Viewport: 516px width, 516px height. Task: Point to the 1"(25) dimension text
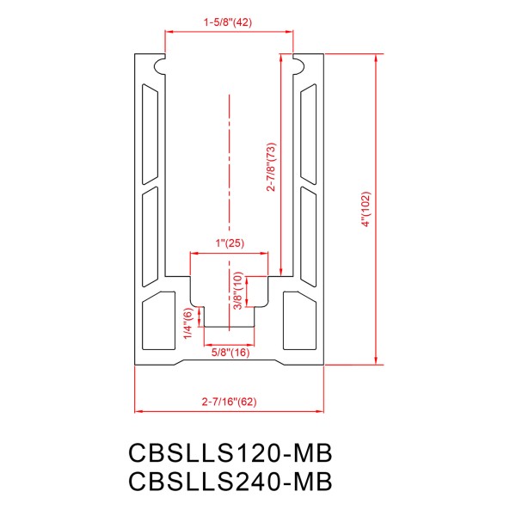(x=229, y=243)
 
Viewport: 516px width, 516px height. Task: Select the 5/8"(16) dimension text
(x=230, y=353)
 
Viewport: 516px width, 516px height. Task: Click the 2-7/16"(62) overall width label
(x=229, y=401)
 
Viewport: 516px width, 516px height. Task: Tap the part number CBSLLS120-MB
(x=230, y=452)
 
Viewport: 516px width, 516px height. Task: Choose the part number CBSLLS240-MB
(x=230, y=481)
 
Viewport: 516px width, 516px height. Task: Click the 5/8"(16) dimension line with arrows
(x=230, y=341)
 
